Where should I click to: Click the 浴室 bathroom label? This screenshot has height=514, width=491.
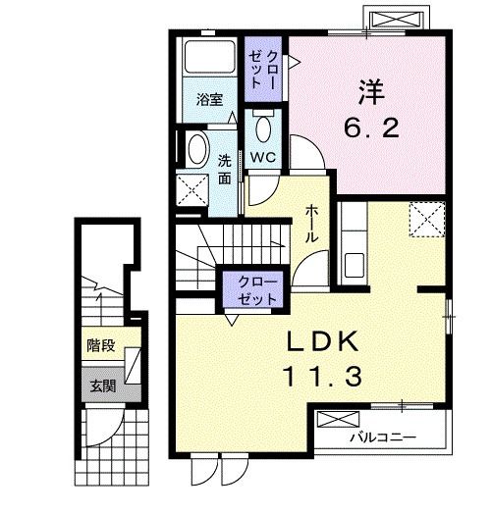[x=210, y=100]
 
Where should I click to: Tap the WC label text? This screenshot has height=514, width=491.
[x=263, y=157]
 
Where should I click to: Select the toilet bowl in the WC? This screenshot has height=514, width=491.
[x=263, y=127]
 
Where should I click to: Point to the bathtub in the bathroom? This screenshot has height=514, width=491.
[x=210, y=56]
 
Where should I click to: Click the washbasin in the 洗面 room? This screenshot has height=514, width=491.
[x=197, y=149]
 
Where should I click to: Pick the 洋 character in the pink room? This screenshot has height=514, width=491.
[x=371, y=92]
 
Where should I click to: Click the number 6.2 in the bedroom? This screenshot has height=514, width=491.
[x=372, y=128]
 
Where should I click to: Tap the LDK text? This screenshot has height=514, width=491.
[x=322, y=341]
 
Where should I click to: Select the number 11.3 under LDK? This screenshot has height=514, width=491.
[x=322, y=377]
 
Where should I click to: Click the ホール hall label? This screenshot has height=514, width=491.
[x=311, y=224]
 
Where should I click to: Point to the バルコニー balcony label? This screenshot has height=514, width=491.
[x=383, y=437]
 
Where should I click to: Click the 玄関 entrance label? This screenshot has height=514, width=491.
[x=103, y=385]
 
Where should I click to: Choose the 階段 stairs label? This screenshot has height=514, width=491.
[x=101, y=345]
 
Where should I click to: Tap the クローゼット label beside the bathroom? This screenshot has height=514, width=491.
[x=263, y=70]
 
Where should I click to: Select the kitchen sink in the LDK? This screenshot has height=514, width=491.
[x=355, y=265]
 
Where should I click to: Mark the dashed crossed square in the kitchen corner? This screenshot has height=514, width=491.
[x=426, y=219]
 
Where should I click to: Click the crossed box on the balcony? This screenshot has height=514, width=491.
[x=339, y=419]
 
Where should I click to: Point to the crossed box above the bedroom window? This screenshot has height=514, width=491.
[x=395, y=20]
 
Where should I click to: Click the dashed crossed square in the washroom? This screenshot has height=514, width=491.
[x=192, y=190]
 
